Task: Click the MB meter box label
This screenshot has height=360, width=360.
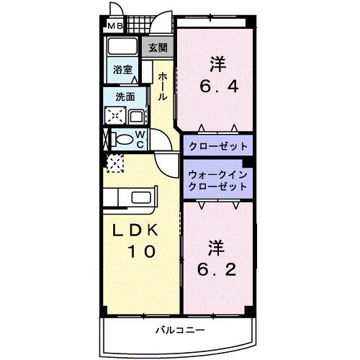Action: [115, 27]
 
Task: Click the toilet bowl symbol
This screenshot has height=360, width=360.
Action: [122, 138]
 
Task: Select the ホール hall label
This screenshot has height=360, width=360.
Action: [163, 85]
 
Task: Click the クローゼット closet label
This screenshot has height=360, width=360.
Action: [218, 145]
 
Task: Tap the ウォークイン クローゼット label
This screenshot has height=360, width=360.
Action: [217, 180]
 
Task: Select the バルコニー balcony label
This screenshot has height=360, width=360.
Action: [178, 330]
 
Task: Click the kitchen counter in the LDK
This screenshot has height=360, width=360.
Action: [130, 198]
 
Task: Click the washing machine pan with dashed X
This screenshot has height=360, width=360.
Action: [114, 115]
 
